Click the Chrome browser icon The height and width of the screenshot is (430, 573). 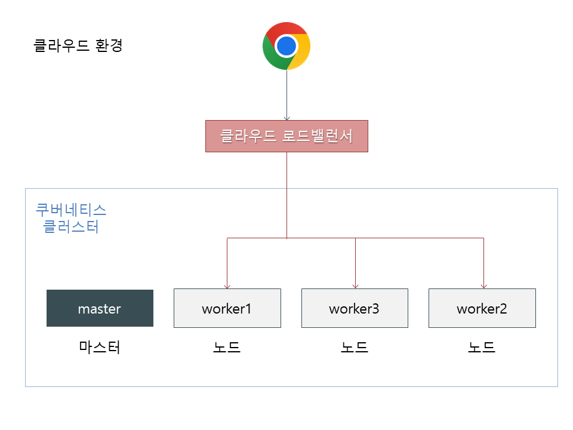[286, 46]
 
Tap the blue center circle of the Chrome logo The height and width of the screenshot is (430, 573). [286, 46]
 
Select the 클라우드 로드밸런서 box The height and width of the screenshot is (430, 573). [286, 136]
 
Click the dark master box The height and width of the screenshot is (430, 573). [100, 308]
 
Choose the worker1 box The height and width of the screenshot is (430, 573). [227, 308]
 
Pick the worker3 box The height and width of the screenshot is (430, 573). [355, 308]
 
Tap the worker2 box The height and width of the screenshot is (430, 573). [482, 308]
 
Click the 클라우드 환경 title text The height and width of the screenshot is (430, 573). [78, 46]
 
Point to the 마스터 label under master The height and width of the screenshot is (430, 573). [100, 348]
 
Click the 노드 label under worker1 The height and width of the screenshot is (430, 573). [227, 348]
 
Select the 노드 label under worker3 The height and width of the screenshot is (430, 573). [355, 348]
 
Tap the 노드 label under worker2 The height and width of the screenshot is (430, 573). [482, 348]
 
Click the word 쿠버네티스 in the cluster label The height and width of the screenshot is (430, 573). [71, 210]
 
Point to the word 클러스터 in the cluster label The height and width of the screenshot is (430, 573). [71, 227]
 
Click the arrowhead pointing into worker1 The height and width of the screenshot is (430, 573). [227, 285]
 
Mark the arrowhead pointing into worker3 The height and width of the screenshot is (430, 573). [355, 285]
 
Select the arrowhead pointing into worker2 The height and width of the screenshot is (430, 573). [483, 285]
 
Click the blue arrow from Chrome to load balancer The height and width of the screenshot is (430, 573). [286, 96]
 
